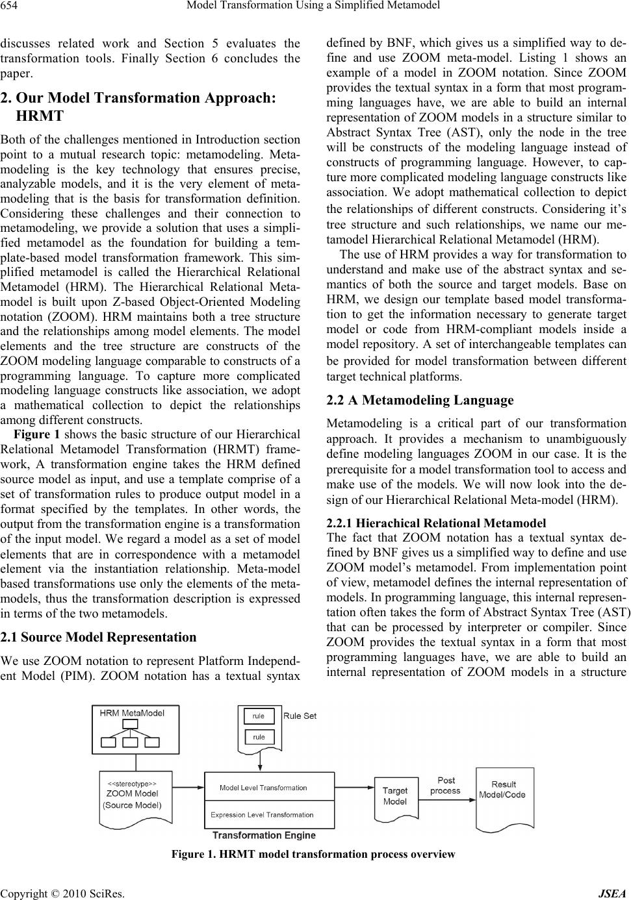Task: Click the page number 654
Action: [12, 6]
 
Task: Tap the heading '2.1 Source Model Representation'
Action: [98, 637]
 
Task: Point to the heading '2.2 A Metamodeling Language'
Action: [420, 400]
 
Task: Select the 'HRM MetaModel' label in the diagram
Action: [132, 712]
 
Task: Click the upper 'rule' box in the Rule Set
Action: [259, 716]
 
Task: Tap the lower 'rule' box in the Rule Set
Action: [259, 737]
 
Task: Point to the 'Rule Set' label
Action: [300, 716]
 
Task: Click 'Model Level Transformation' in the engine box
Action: [263, 788]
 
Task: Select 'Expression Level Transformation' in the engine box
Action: [262, 814]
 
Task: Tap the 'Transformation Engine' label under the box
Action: [264, 835]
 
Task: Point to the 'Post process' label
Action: [445, 786]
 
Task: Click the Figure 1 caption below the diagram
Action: [313, 854]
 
